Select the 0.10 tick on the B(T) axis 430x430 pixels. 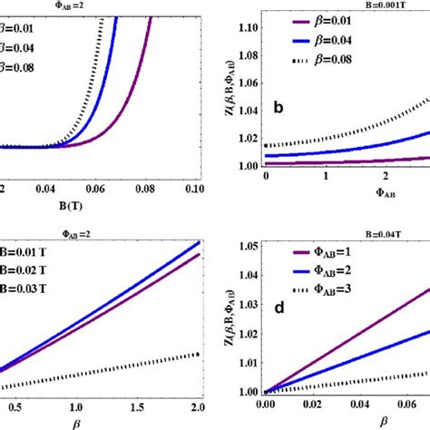point(182,188)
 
